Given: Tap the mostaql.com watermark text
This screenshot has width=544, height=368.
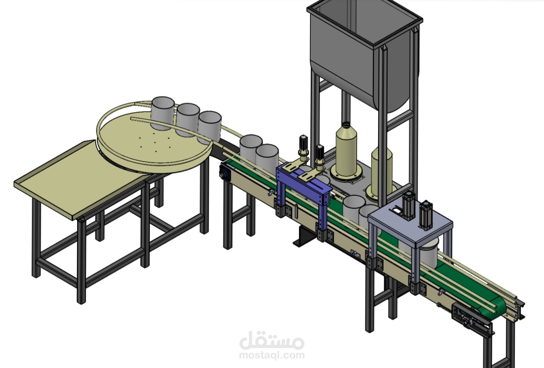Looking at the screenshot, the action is point(272,355).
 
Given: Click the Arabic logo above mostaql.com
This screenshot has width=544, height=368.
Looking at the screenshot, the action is point(272,340).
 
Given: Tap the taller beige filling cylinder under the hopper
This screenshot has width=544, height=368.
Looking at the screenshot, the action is point(346,151).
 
